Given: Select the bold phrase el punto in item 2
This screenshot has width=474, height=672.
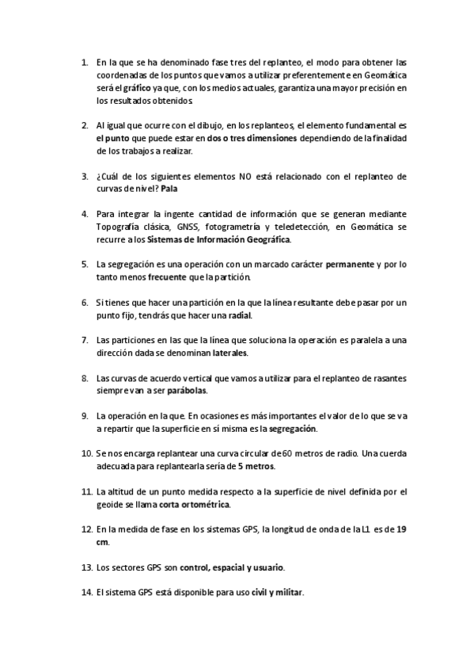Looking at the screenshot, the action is pos(112,138).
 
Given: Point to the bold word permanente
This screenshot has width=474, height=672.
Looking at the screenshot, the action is pos(351,264).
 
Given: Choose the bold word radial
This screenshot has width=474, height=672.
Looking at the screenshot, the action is pos(238,315).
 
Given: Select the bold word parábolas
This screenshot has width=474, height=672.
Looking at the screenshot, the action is pos(188,391).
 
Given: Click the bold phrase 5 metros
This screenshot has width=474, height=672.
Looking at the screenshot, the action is pos(235,466).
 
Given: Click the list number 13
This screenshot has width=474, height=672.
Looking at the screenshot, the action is pos(86,567).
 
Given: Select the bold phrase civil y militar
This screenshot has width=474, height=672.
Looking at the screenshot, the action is pos(277,593).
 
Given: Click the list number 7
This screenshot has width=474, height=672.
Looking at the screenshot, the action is pos(85,340).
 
